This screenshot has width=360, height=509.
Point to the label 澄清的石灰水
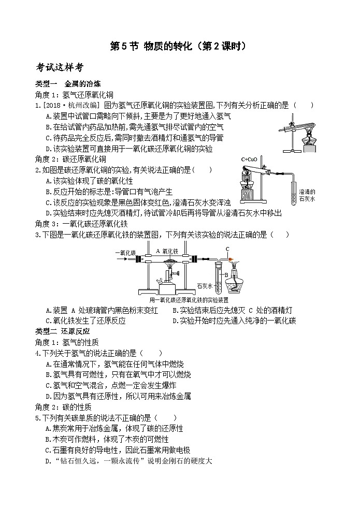click(x=307, y=195)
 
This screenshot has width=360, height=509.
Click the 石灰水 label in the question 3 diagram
click(x=205, y=284)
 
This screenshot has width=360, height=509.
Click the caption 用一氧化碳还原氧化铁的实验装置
click(x=189, y=300)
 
